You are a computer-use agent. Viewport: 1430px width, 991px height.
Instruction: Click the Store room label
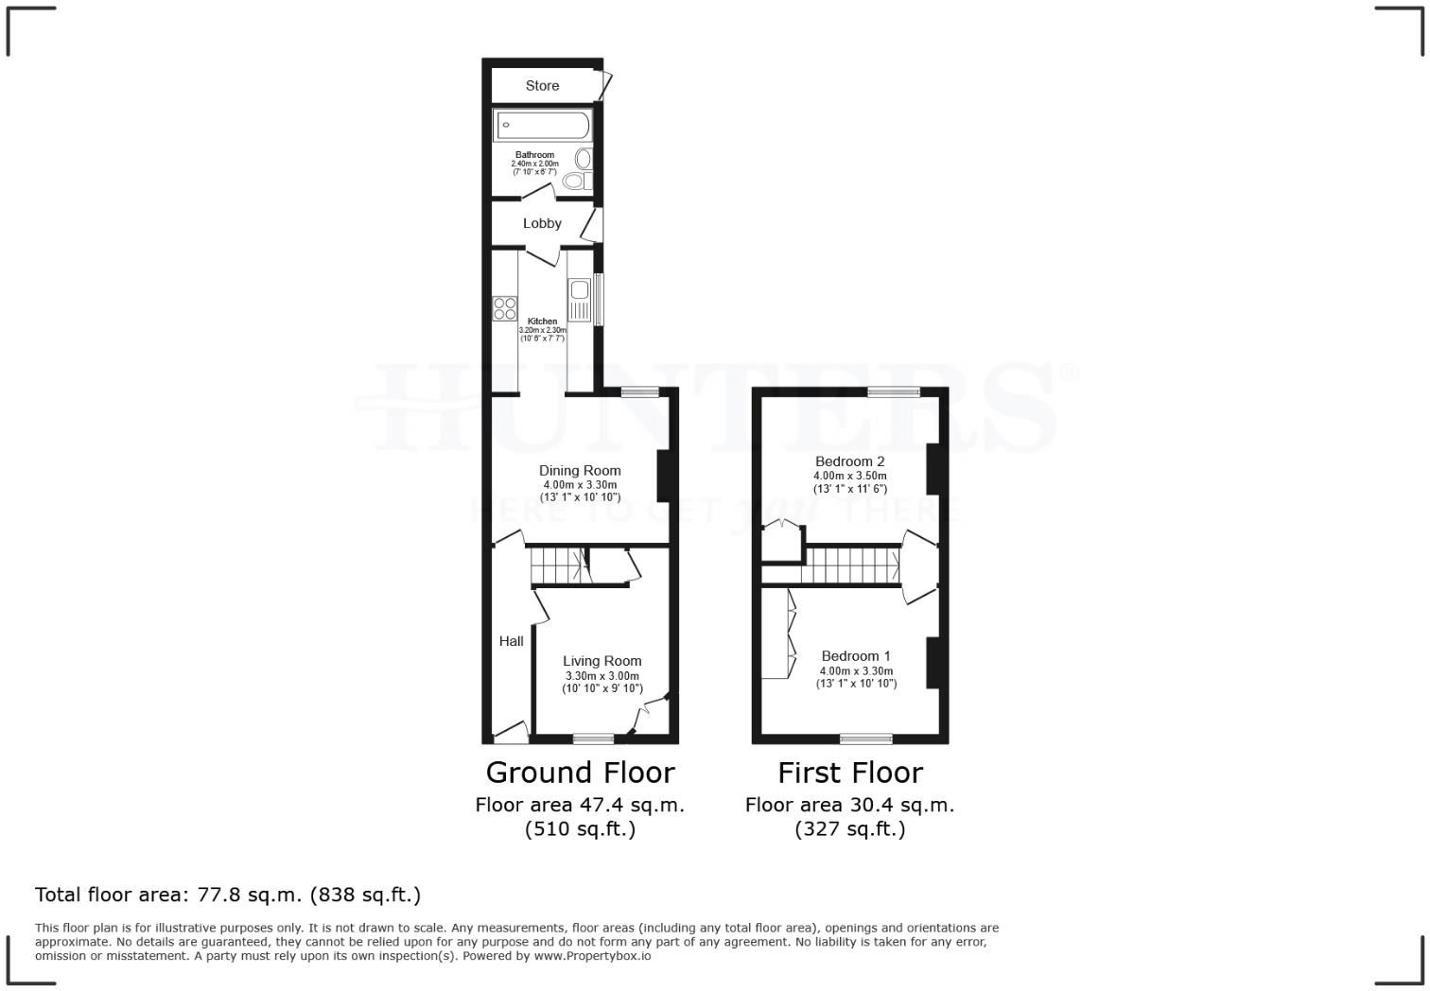(x=542, y=86)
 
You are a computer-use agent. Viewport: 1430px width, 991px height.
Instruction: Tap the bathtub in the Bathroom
(x=542, y=126)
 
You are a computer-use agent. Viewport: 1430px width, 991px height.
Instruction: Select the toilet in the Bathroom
(x=574, y=181)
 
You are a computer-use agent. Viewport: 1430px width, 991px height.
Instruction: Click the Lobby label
(x=542, y=224)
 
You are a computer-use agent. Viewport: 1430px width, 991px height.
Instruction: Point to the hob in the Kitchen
(x=505, y=308)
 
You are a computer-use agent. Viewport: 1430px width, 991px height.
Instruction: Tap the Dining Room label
(x=580, y=471)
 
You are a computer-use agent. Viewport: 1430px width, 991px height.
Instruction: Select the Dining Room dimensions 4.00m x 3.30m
(x=580, y=485)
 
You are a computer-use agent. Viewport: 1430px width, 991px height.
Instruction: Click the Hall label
(x=511, y=641)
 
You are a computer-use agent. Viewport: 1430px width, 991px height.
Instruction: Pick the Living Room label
(x=602, y=662)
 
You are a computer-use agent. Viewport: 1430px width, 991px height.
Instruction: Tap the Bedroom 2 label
(x=849, y=461)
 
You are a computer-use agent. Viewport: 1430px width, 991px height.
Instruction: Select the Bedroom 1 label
(x=855, y=656)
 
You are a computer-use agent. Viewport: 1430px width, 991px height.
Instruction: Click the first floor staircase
(x=851, y=566)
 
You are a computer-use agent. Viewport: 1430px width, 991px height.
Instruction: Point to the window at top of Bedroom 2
(x=894, y=391)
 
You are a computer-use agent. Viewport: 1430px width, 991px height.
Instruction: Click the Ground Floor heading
(x=580, y=773)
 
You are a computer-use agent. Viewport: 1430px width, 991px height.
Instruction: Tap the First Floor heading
(x=849, y=773)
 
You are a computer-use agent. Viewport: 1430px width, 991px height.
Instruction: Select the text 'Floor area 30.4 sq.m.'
(x=849, y=806)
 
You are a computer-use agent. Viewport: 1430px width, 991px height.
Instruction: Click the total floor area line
(x=228, y=895)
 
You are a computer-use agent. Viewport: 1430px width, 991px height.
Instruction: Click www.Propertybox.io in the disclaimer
(x=591, y=956)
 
